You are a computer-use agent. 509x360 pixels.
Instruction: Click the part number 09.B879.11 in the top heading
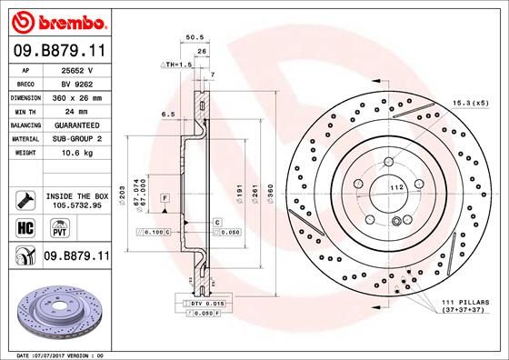coord(57,53)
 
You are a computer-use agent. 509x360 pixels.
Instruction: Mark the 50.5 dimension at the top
coord(192,38)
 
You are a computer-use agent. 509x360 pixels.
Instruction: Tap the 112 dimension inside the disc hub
coord(396,187)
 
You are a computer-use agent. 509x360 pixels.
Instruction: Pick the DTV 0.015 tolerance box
coord(201,302)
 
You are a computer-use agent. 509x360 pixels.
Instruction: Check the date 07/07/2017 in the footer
coord(58,354)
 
